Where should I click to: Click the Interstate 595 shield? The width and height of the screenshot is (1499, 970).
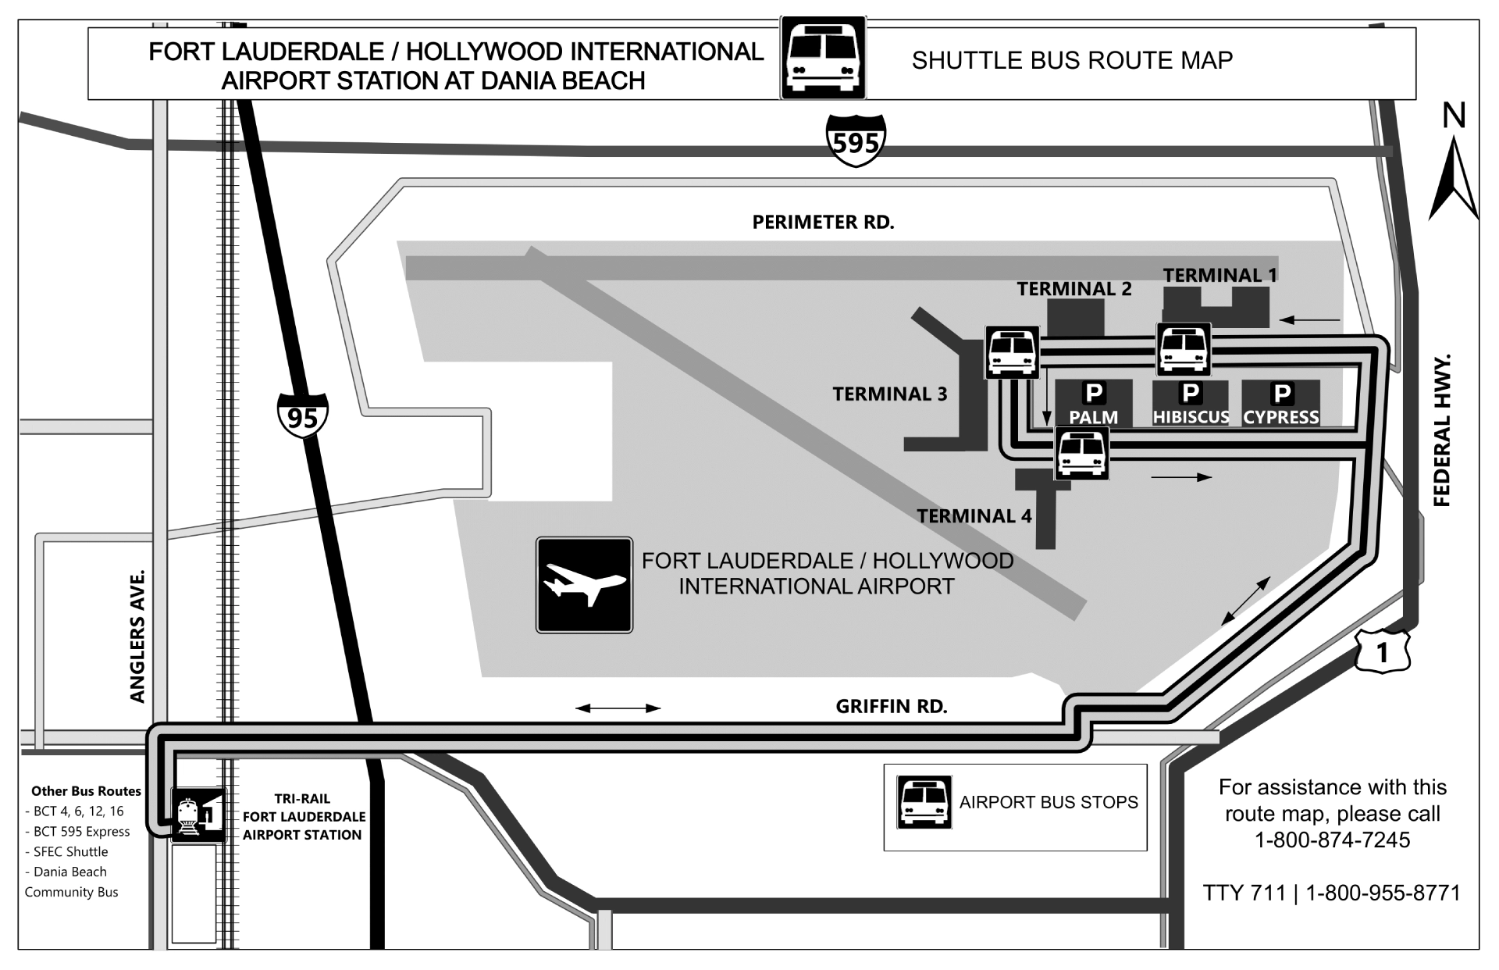(856, 141)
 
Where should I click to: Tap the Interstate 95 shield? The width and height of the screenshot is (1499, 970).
(302, 415)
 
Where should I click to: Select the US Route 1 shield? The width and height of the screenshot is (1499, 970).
(1382, 651)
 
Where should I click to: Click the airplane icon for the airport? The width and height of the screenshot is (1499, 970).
(584, 584)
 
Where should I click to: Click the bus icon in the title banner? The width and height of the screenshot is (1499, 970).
(823, 59)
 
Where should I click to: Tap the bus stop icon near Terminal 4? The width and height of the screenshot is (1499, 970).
(1081, 453)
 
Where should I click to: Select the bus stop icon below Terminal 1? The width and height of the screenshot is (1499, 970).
(1184, 349)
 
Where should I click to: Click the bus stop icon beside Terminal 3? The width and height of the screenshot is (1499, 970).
(1012, 352)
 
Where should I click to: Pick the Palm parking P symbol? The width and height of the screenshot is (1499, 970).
(1093, 393)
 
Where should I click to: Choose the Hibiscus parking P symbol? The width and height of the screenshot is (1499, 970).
(1190, 393)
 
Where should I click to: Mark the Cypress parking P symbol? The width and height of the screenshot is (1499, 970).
(1281, 393)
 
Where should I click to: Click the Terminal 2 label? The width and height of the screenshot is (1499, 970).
(1074, 289)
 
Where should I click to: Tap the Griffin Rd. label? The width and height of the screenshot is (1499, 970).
(891, 707)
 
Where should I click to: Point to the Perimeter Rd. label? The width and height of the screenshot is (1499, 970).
(823, 223)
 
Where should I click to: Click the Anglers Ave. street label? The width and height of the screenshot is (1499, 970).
(137, 637)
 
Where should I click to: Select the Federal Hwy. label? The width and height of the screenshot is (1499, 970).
(1441, 430)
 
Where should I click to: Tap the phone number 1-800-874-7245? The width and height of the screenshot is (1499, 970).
(1332, 840)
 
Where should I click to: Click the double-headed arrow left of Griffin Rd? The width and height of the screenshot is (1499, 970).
(618, 708)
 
